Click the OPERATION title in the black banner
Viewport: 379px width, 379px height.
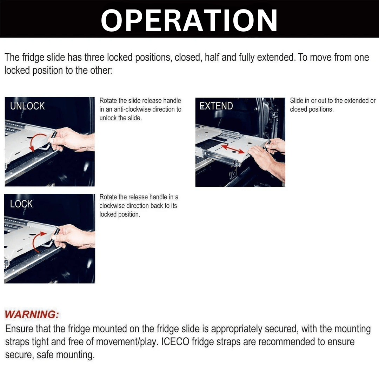point(189,20)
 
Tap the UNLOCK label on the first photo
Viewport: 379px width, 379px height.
point(27,106)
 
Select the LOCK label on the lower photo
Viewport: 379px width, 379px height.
point(21,204)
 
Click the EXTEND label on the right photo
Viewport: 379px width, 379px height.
point(216,106)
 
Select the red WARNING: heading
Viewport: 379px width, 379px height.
point(32,314)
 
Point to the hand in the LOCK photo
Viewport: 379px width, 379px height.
point(74,236)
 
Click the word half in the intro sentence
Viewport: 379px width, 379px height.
point(212,57)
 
